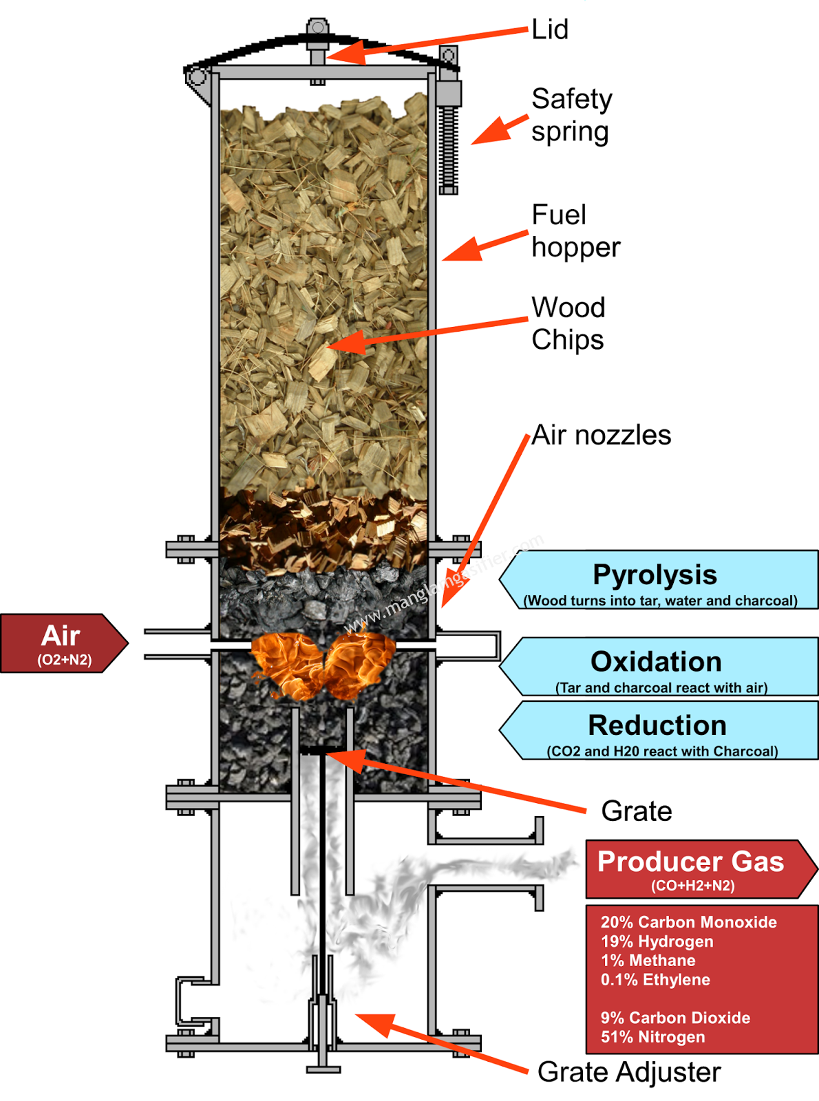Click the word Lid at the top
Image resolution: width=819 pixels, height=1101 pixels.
pos(550,30)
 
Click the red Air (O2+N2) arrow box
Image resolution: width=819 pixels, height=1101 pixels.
pos(62,643)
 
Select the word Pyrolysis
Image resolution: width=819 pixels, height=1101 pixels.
pos(655,575)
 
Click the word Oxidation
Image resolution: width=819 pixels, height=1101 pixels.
pos(656,661)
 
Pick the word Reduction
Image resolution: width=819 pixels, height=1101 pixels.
pos(657,725)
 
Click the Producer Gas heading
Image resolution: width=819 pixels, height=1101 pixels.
pos(690,862)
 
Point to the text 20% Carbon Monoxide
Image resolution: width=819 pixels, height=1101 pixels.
pos(688,922)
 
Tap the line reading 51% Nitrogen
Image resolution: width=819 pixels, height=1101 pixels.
pos(652,1037)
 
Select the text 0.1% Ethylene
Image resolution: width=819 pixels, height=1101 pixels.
pos(655,980)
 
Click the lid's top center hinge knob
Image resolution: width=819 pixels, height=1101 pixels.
pos(317,28)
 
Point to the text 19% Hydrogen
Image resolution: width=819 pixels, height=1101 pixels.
pos(657,941)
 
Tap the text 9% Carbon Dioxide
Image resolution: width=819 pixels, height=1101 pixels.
pos(675,1018)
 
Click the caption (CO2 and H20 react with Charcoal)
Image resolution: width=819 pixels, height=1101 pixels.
pos(662,751)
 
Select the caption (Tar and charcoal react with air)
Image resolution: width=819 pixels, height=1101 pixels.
pos(661,687)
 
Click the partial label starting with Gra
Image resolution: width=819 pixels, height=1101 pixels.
pos(560,1072)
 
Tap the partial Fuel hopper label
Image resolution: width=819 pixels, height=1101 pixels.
pos(558,231)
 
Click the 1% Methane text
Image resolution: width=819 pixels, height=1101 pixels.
pos(648,961)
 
